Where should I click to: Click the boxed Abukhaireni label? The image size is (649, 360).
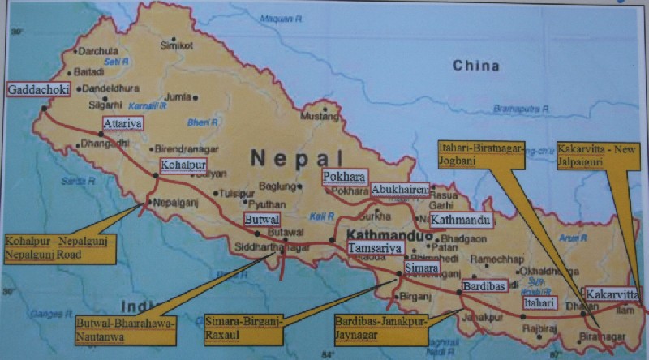click(x=399, y=190)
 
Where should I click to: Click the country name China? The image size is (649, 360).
click(x=475, y=65)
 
